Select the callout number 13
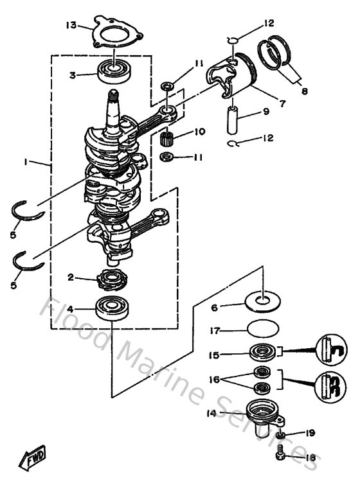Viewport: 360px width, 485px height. tap(71, 25)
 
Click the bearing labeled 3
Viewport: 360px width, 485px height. tap(114, 69)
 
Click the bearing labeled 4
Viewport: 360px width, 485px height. tap(113, 309)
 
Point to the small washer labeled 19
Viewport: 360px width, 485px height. tap(281, 436)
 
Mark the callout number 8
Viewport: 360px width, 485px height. tap(304, 91)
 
